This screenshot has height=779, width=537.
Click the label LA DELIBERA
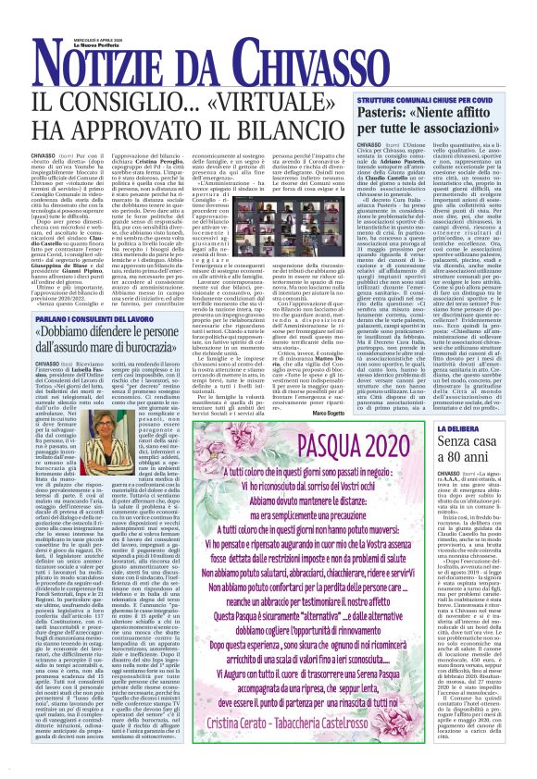coord(462,403)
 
